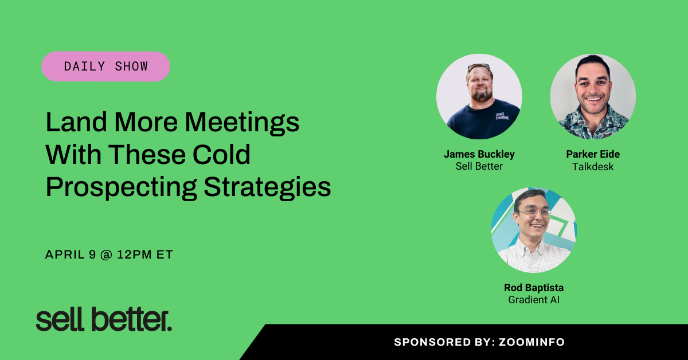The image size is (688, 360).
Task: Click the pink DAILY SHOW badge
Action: (x=106, y=66)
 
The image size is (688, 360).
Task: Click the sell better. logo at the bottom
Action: (x=104, y=320)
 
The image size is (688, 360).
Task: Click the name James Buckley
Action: (x=479, y=154)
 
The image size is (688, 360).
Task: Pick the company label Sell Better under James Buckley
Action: (x=479, y=167)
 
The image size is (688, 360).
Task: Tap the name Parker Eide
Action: (x=593, y=154)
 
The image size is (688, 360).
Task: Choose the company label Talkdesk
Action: (x=593, y=167)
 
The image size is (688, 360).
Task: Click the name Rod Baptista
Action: (x=533, y=287)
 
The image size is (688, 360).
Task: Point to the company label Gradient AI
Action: (x=533, y=300)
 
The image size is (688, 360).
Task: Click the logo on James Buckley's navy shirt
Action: (x=502, y=115)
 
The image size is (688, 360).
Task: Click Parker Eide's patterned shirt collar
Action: (x=593, y=118)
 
